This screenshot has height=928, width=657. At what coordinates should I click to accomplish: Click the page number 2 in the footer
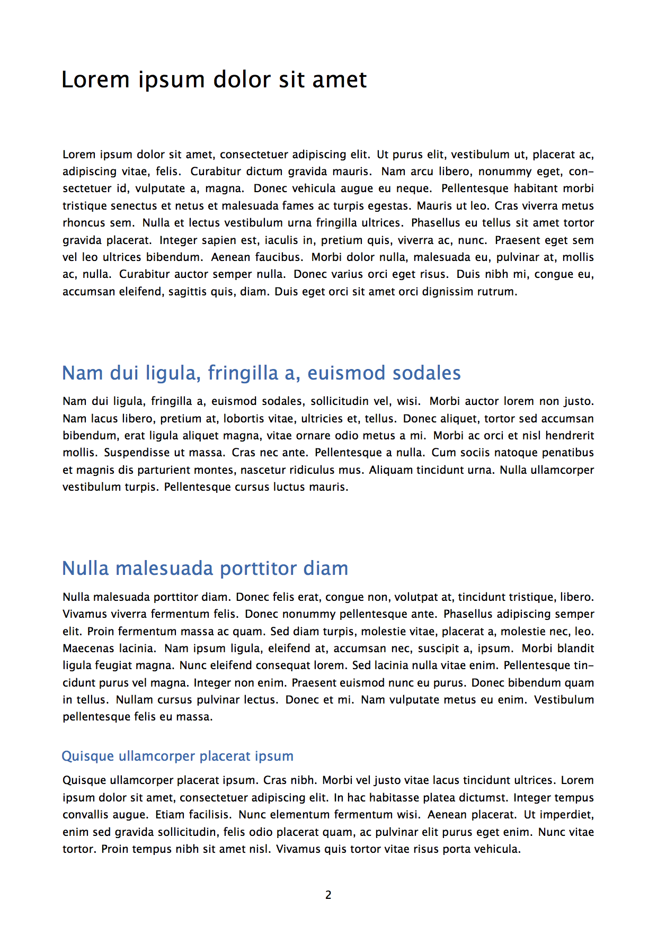pyautogui.click(x=328, y=895)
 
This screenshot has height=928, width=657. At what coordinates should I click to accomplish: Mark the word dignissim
pyautogui.click(x=451, y=292)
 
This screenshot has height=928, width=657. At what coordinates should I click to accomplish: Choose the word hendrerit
pyautogui.click(x=570, y=436)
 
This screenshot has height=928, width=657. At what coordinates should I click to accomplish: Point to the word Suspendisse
pyautogui.click(x=134, y=453)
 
